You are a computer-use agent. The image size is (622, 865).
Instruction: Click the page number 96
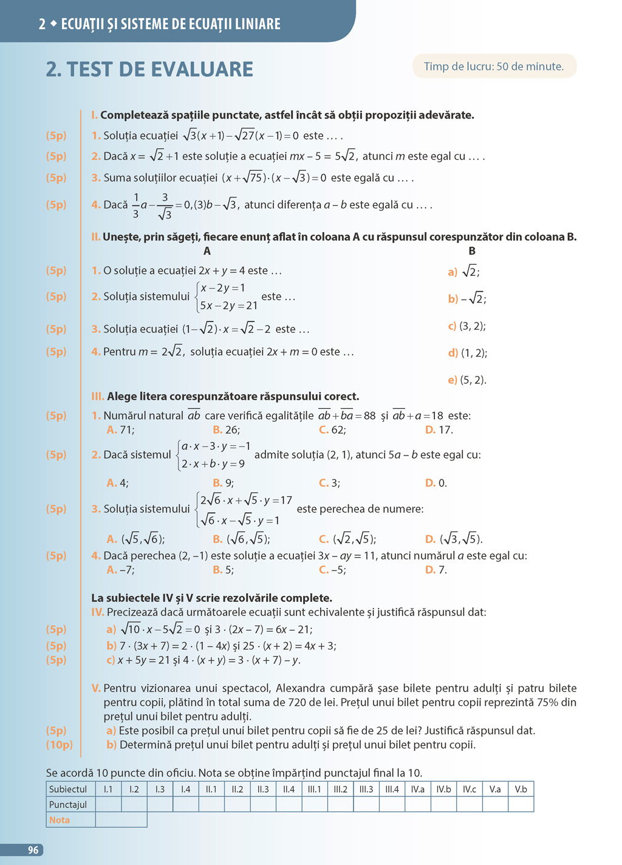point(33,850)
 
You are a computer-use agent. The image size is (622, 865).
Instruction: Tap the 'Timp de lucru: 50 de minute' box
point(494,66)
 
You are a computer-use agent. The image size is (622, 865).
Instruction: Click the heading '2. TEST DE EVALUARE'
point(149,69)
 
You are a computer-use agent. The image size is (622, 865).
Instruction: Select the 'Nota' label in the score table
point(60,819)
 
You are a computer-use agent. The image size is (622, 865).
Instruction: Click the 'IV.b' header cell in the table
point(443,789)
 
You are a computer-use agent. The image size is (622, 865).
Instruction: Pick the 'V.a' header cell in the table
point(495,789)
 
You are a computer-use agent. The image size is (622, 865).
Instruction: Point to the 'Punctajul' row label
point(68,804)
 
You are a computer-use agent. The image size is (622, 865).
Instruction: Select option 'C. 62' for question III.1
point(332,429)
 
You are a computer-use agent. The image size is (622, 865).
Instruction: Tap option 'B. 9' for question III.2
point(223,483)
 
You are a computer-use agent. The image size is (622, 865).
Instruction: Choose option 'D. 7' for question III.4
point(436,570)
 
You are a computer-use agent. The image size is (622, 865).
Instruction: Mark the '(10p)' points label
point(60,745)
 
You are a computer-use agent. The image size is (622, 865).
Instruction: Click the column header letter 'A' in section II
point(207,251)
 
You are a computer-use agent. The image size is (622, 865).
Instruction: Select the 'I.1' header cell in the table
point(108,789)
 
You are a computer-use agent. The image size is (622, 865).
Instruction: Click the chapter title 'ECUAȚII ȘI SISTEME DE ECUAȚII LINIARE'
point(171,24)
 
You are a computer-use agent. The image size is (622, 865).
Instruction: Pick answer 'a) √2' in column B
point(463,272)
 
